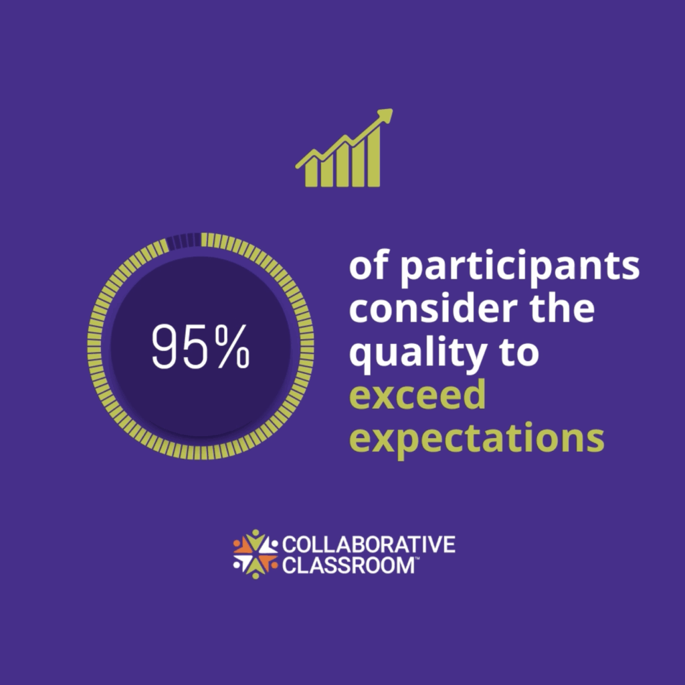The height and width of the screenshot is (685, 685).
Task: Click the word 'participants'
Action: pyautogui.click(x=520, y=268)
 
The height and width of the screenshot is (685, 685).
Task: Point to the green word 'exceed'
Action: pyautogui.click(x=417, y=395)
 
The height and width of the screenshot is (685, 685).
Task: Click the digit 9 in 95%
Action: pyautogui.click(x=167, y=347)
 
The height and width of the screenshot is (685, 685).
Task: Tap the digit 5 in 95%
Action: pyautogui.click(x=198, y=347)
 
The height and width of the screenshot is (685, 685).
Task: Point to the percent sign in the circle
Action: pyautogui.click(x=233, y=347)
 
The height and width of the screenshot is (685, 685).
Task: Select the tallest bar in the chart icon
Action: pyautogui.click(x=373, y=156)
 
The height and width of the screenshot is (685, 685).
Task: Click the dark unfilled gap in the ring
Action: pyautogui.click(x=184, y=241)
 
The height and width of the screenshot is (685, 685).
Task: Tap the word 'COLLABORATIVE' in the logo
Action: pyautogui.click(x=369, y=545)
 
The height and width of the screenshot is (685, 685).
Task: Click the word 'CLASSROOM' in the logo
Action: pyautogui.click(x=348, y=565)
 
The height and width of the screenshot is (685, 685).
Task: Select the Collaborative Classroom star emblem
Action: pyautogui.click(x=256, y=555)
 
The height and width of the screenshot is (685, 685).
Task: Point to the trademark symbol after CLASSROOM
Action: pyautogui.click(x=417, y=558)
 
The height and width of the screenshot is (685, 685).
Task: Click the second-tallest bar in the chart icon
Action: pyautogui.click(x=357, y=163)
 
